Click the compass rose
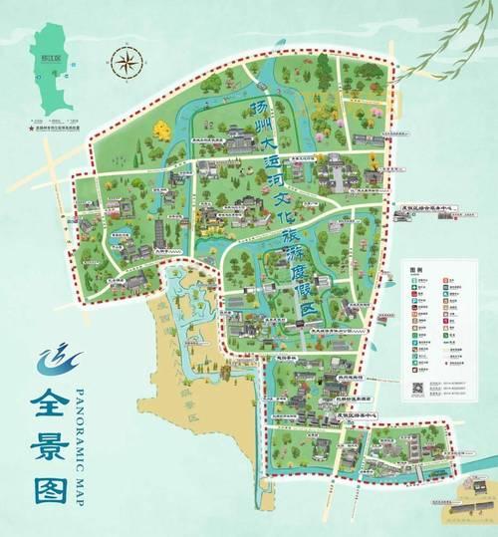[x=126, y=63]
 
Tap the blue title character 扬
[x=259, y=108]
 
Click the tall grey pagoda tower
[x=160, y=232]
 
